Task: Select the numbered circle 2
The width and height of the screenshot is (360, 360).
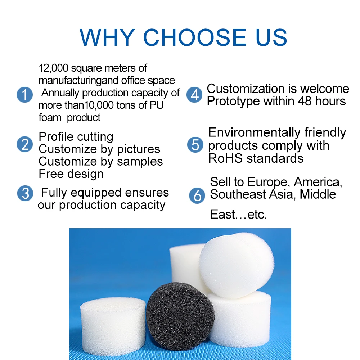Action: click(24, 144)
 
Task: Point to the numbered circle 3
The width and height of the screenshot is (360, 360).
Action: click(25, 193)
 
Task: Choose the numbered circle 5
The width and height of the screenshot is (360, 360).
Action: click(195, 145)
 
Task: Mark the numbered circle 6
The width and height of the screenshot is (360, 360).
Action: click(197, 195)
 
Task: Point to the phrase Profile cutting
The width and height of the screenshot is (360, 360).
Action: click(76, 137)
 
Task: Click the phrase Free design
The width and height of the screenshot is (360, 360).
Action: click(71, 174)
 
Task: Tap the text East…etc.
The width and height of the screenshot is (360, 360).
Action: click(238, 215)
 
